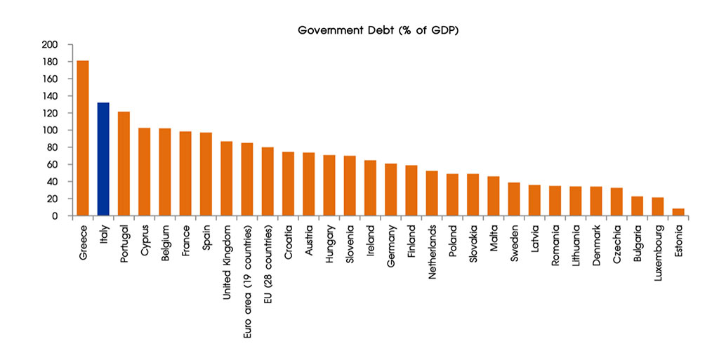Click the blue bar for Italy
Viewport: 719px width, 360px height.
[x=103, y=159]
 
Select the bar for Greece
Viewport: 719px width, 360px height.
[x=83, y=138]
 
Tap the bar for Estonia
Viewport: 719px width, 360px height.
[x=678, y=212]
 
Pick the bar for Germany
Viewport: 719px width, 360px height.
[x=390, y=189]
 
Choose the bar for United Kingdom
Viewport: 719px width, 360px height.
[x=227, y=179]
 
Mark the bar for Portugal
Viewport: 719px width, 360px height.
[x=124, y=164]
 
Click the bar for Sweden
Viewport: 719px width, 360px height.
[x=514, y=199]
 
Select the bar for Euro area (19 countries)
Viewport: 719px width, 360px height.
[x=247, y=179]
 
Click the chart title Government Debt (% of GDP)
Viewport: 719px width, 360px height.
[x=378, y=31]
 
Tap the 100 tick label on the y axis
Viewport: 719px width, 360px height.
[x=50, y=130]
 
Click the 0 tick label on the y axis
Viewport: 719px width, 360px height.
[x=55, y=215]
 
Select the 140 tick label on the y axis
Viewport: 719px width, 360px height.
[x=50, y=96]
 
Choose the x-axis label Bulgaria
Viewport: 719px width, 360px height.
[x=638, y=243]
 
